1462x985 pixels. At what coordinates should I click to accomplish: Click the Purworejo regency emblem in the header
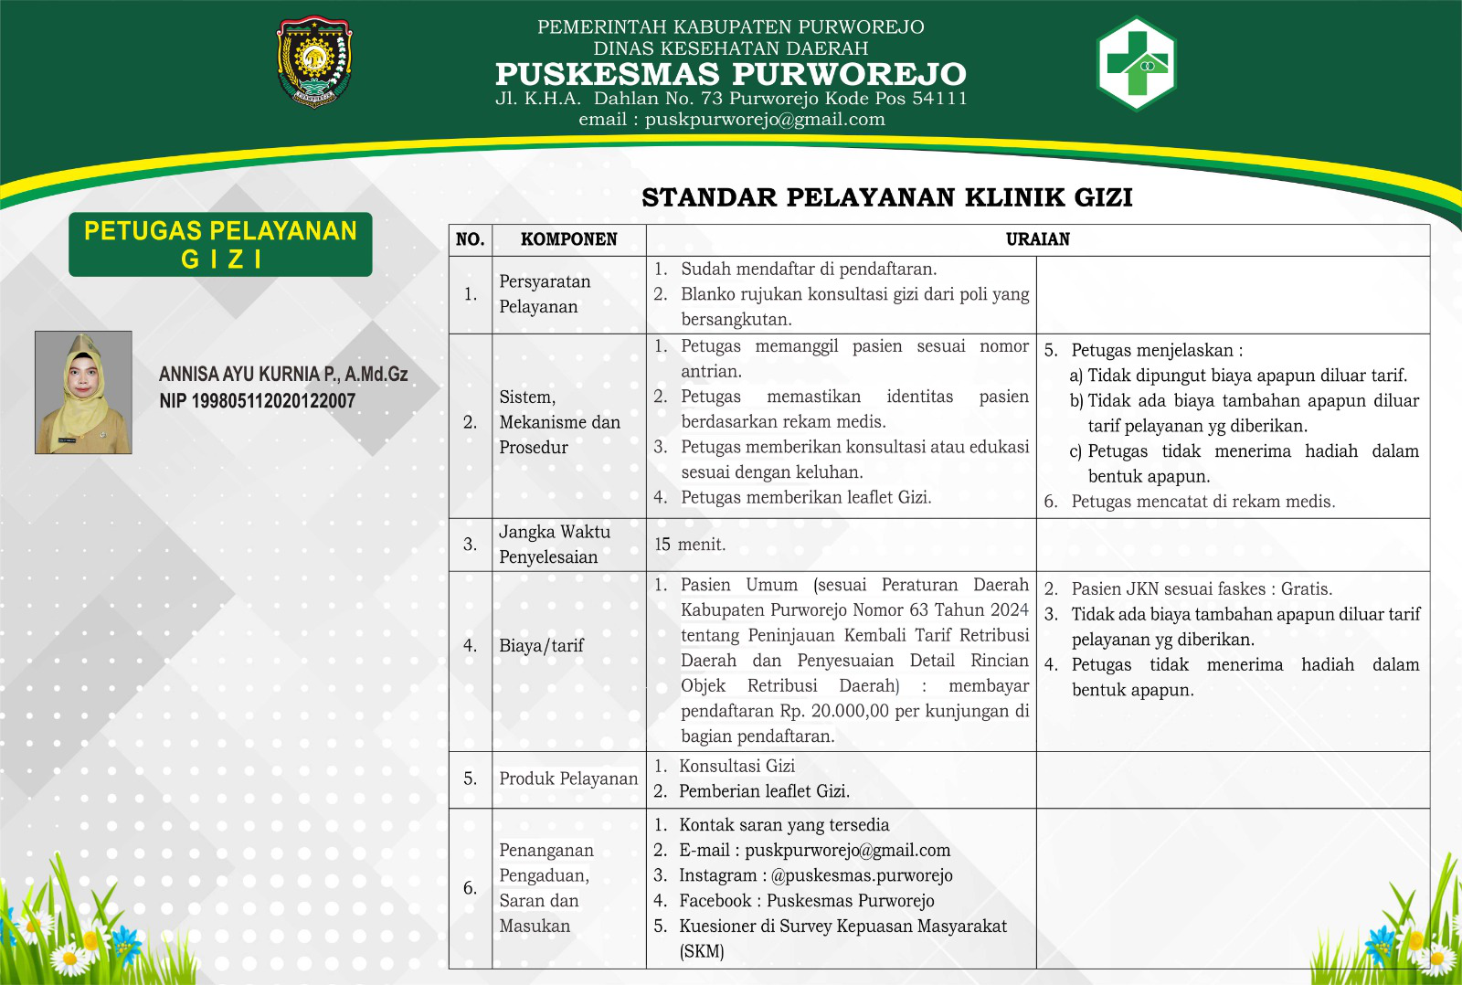tap(314, 62)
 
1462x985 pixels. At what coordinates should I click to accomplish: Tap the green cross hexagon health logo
tap(1136, 63)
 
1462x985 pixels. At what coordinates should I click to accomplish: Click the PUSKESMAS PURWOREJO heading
tap(730, 74)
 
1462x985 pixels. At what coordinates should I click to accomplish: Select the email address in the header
tap(765, 120)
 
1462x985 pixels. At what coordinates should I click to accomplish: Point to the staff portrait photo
tap(83, 392)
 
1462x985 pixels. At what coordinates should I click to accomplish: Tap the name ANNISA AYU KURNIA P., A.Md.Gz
tap(283, 374)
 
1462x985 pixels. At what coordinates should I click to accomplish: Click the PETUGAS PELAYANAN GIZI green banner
tap(220, 244)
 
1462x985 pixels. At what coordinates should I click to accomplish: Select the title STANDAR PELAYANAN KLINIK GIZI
tap(886, 197)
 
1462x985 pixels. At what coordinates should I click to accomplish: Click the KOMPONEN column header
tap(568, 239)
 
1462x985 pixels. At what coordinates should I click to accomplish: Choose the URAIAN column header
tap(1037, 239)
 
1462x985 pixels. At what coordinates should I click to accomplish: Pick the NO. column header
tap(470, 239)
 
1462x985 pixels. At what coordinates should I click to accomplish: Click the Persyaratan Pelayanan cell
tap(545, 294)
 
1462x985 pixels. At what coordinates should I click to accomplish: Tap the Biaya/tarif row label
tap(541, 646)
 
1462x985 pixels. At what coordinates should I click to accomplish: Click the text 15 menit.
tap(690, 545)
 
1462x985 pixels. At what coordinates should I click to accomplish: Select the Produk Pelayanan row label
tap(568, 778)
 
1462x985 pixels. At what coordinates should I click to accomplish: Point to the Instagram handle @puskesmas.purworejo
tap(862, 875)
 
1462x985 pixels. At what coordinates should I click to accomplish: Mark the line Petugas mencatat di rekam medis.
tap(1202, 502)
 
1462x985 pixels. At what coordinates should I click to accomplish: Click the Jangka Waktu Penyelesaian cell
tap(554, 545)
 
